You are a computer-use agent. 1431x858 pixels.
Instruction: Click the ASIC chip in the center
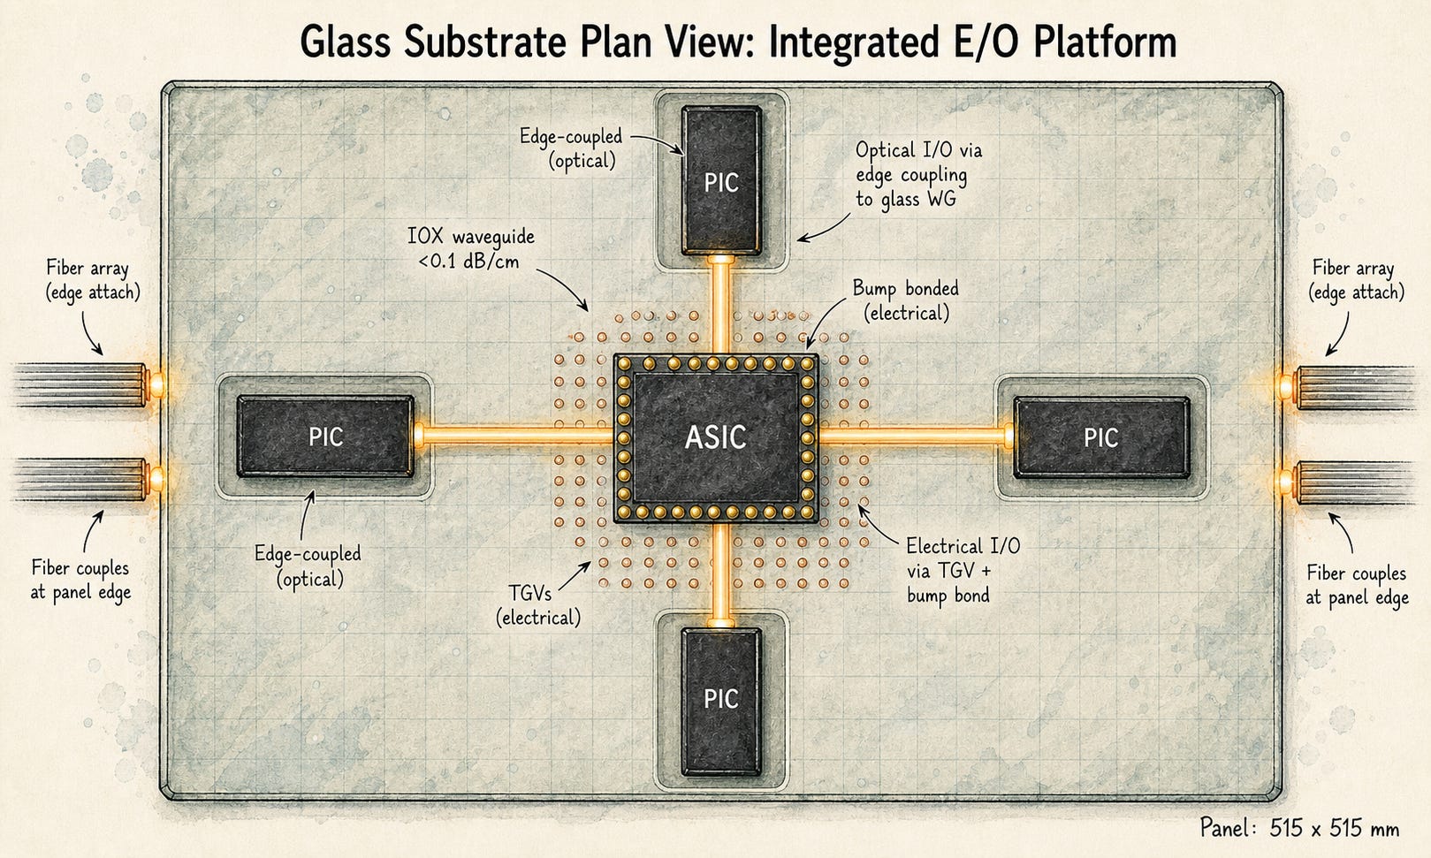tap(716, 437)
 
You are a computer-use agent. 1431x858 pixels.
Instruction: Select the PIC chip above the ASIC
tap(721, 180)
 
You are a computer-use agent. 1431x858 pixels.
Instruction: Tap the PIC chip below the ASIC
tap(721, 702)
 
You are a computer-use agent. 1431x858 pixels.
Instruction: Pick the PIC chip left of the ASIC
tap(326, 437)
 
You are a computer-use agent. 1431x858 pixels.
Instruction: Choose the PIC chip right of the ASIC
tap(1101, 437)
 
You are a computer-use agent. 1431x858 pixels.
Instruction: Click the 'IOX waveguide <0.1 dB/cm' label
tap(471, 248)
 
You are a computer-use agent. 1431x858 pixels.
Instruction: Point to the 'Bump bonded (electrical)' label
tap(906, 300)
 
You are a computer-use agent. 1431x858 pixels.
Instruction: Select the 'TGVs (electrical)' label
tap(538, 605)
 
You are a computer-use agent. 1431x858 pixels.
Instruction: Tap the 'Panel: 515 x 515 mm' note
tap(1299, 828)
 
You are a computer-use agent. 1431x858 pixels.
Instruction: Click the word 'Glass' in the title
tap(345, 42)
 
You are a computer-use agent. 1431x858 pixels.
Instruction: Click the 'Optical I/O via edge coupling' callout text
tap(918, 174)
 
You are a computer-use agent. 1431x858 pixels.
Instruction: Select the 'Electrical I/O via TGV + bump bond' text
tap(963, 571)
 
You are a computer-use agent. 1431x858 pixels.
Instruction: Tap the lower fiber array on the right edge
tap(1348, 482)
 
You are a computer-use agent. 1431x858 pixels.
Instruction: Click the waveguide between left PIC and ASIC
tap(514, 436)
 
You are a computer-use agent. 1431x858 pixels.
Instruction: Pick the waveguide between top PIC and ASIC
tap(720, 304)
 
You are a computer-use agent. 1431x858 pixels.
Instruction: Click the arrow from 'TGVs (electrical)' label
tap(575, 576)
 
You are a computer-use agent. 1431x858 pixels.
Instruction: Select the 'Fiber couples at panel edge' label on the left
tap(80, 580)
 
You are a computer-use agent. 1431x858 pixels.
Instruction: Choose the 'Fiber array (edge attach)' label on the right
tap(1356, 280)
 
